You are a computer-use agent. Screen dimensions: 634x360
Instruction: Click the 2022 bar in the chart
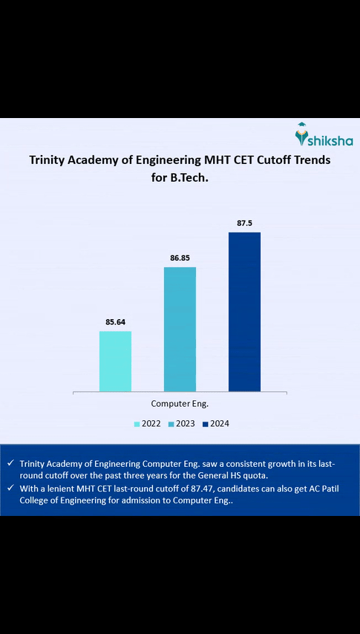tap(115, 361)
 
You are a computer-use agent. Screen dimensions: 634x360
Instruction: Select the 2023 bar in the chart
tap(180, 329)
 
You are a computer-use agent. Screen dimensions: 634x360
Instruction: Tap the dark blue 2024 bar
tap(244, 311)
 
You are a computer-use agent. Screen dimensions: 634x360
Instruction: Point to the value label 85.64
tap(115, 322)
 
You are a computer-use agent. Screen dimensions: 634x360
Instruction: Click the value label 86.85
tap(180, 258)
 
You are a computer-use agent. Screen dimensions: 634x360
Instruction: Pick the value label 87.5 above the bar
tap(244, 223)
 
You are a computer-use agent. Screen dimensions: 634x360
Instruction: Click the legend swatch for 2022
tap(137, 424)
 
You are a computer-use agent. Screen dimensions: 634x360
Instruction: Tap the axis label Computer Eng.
tap(180, 404)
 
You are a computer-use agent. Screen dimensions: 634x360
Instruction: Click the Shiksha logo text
tap(332, 140)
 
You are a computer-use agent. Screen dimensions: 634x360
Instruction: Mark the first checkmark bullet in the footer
tap(10, 463)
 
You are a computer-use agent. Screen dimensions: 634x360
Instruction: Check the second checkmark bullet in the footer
tap(10, 488)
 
